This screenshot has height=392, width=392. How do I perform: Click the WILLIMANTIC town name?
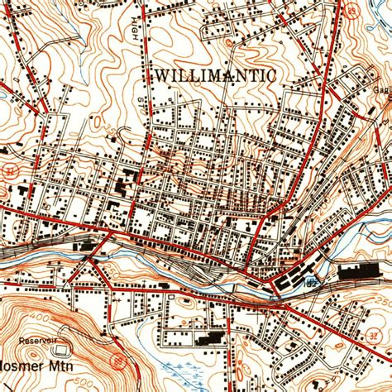coord(214,74)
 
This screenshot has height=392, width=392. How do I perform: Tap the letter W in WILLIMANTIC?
coord(160,74)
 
